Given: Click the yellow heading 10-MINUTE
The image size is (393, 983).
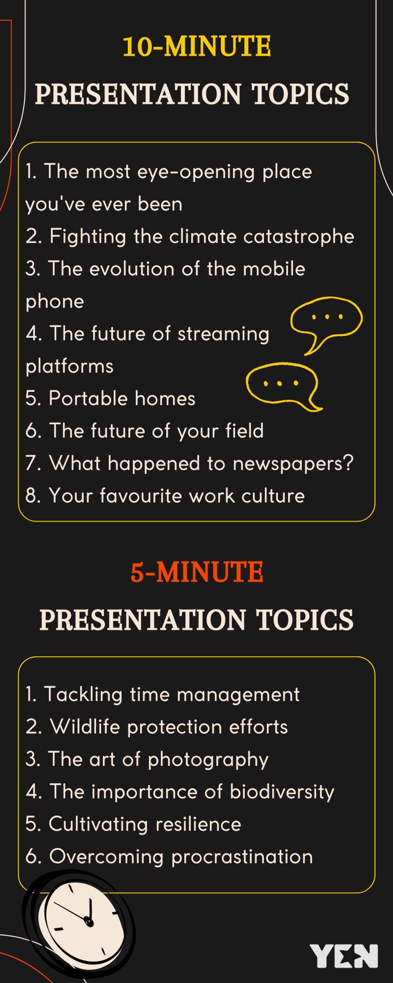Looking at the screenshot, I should click(196, 46).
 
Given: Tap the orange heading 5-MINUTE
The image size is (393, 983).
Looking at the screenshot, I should click(196, 572).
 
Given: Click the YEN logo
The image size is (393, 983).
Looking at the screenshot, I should click(344, 956).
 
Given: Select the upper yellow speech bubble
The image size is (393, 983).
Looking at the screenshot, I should click(326, 322).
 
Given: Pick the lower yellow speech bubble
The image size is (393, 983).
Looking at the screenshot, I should click(282, 385).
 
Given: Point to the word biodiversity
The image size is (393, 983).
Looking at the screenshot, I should click(281, 792).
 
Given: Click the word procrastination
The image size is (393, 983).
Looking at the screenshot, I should click(242, 857).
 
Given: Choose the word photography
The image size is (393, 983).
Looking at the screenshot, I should click(208, 759).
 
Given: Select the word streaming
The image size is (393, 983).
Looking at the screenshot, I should click(223, 334).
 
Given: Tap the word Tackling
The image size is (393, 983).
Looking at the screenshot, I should click(83, 694).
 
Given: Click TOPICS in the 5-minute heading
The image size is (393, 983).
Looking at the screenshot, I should click(304, 619).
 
